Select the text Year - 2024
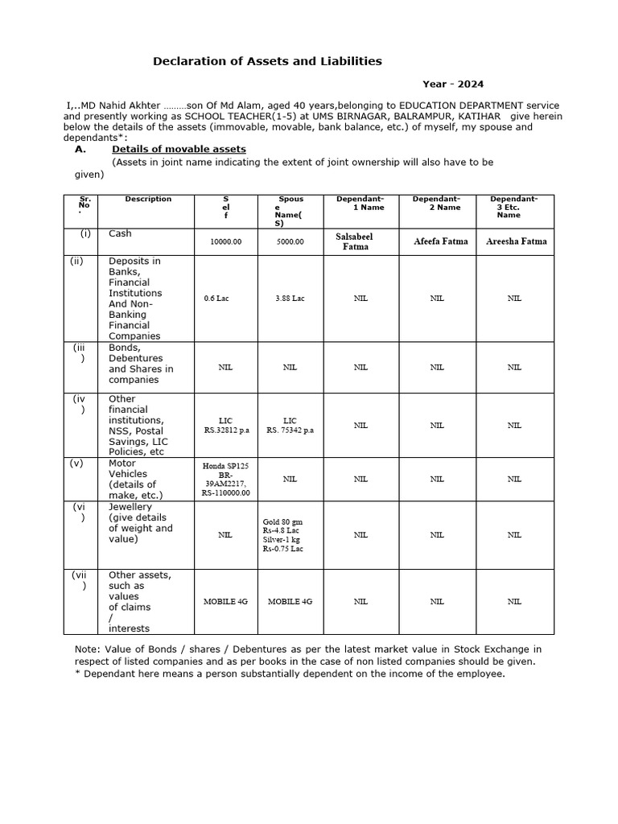coord(453,84)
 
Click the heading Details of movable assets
coord(179,149)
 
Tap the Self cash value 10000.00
coord(225,241)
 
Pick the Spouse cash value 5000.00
coord(290,241)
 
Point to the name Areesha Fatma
coord(516,241)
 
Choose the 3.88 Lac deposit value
coord(290,299)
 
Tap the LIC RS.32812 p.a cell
coord(225,425)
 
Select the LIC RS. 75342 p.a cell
coord(290,425)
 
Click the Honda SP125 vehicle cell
coord(225,479)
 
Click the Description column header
coord(148,199)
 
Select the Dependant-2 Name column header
coord(436,203)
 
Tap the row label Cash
coord(120,233)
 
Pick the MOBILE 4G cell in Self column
coord(225,601)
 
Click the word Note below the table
coord(84,649)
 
